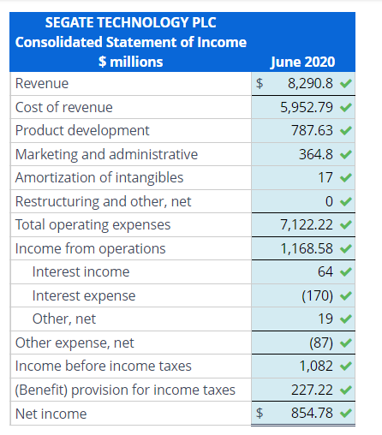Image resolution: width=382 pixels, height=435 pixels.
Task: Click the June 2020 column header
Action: click(302, 62)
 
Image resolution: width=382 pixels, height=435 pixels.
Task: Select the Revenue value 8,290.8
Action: click(310, 84)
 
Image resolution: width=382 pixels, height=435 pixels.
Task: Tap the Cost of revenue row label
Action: click(64, 107)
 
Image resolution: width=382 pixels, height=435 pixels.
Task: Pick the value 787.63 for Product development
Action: click(312, 130)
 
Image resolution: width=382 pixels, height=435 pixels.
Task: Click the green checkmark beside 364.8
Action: click(346, 154)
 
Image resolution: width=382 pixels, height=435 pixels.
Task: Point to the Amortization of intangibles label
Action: click(99, 177)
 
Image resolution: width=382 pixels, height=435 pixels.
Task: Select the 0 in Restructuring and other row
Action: click(329, 201)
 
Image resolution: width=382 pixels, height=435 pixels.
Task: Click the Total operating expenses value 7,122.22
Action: click(307, 225)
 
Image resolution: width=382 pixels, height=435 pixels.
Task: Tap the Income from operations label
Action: click(91, 248)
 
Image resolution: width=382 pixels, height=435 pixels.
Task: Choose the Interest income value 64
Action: click(325, 271)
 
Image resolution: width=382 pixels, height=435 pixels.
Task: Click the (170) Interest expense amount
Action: click(318, 295)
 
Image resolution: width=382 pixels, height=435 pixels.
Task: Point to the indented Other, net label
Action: click(64, 319)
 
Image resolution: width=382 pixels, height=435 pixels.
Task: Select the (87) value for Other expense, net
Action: click(321, 343)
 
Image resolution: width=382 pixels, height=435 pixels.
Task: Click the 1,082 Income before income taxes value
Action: click(316, 366)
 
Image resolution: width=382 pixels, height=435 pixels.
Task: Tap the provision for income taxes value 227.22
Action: click(312, 390)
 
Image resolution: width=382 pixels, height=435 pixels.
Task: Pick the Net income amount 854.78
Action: click(312, 413)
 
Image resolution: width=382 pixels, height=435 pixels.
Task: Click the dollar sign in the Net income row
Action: click(260, 413)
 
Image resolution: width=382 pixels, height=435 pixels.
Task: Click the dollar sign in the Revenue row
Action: click(260, 84)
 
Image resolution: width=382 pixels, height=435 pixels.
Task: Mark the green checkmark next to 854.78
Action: click(346, 413)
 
